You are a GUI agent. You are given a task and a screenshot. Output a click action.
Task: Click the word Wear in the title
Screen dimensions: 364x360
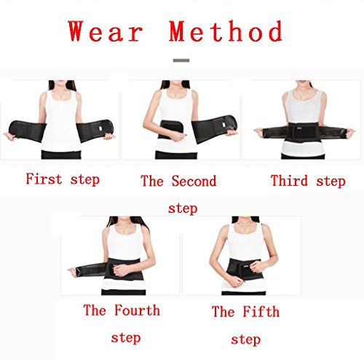[106, 31]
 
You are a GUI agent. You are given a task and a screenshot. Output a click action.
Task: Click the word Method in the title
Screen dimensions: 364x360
[226, 31]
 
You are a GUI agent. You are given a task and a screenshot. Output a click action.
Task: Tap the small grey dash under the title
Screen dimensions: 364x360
[181, 60]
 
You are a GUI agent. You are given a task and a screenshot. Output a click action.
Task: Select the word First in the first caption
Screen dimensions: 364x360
[44, 179]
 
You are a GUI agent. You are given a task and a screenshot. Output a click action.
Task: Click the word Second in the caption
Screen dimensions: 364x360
[194, 181]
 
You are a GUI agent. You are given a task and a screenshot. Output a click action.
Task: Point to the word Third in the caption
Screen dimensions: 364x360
[289, 181]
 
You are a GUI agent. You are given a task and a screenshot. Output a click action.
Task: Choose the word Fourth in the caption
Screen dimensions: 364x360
[137, 310]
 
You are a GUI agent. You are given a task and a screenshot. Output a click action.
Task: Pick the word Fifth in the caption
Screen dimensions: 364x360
[261, 311]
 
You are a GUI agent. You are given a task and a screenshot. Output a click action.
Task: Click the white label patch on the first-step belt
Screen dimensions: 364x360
[100, 128]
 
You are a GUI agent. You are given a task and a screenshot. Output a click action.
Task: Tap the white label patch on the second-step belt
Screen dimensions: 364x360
[223, 125]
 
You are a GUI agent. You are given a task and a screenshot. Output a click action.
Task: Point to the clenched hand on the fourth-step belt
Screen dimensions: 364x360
[121, 270]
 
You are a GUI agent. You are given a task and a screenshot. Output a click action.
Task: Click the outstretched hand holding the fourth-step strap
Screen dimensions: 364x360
[72, 270]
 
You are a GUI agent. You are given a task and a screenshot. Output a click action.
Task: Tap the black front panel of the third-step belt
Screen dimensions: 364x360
[303, 132]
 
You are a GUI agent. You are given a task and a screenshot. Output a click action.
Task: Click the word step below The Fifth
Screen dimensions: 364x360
[245, 340]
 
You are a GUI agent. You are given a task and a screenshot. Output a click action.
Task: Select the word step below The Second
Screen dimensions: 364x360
[183, 208]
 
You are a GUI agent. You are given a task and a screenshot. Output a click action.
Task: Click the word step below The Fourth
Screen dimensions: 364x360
[126, 338]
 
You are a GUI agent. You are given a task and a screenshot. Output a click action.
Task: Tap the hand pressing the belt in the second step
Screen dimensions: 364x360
[178, 136]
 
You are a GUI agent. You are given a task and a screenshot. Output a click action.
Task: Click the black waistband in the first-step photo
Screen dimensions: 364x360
[61, 154]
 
